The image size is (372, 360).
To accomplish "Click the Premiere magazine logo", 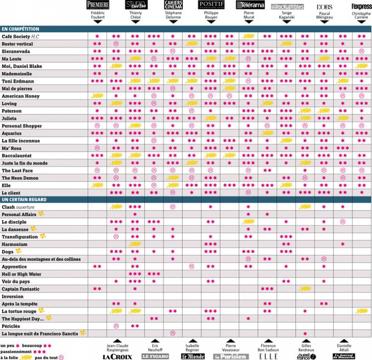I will point(97,5).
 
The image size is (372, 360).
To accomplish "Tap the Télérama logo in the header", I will point(250,5).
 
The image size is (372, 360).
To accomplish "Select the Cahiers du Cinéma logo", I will point(174,5).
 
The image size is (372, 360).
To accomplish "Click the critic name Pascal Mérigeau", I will point(324,16).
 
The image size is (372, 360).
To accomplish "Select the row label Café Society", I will point(17,36).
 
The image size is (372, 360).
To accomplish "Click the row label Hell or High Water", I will point(22,274).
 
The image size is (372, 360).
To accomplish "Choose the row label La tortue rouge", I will point(20,311).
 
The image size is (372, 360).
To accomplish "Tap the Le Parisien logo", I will point(230,356).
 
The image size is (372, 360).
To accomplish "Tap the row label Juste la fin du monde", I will point(25,163).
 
